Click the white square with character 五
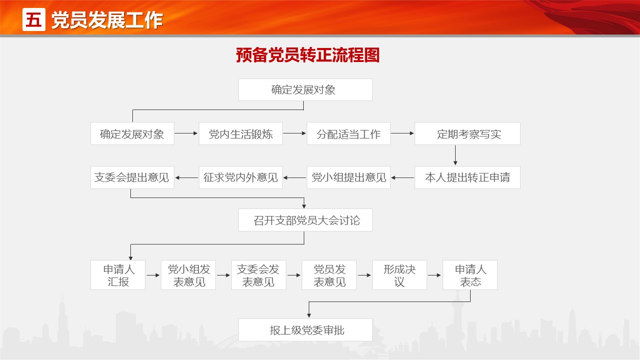(33, 19)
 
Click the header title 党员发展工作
(107, 20)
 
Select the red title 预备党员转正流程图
(308, 55)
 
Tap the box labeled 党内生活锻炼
(241, 133)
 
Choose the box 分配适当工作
(349, 133)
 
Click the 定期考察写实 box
(468, 133)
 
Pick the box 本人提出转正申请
(468, 177)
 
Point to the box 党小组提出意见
(349, 177)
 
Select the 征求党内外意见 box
(241, 177)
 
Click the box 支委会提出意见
(132, 177)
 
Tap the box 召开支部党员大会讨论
(305, 220)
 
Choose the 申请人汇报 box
(118, 275)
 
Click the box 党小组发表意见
(188, 275)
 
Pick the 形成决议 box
(399, 275)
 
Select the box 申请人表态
(470, 275)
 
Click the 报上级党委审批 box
(305, 330)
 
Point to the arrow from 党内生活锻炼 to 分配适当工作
(294, 133)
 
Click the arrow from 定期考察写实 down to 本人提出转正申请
(456, 155)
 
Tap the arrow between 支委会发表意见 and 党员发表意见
(294, 275)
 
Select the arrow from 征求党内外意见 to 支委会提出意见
(186, 177)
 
